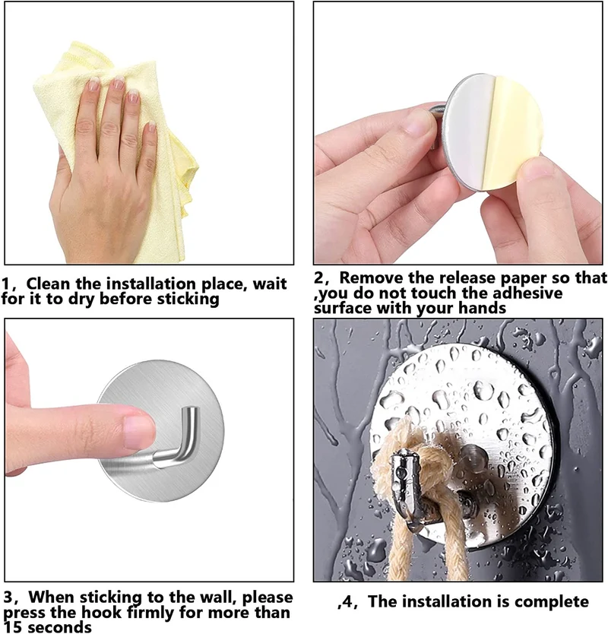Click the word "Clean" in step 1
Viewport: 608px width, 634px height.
(x=48, y=284)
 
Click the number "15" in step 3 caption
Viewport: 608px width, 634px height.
(x=12, y=627)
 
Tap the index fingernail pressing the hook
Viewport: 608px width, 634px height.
(x=138, y=432)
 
